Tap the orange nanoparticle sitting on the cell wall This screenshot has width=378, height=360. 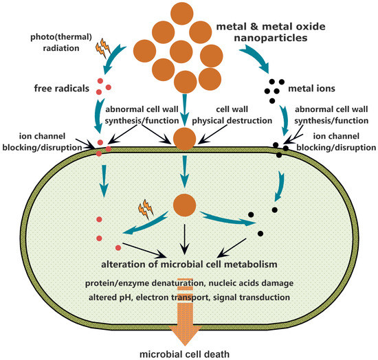coord(184,137)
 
